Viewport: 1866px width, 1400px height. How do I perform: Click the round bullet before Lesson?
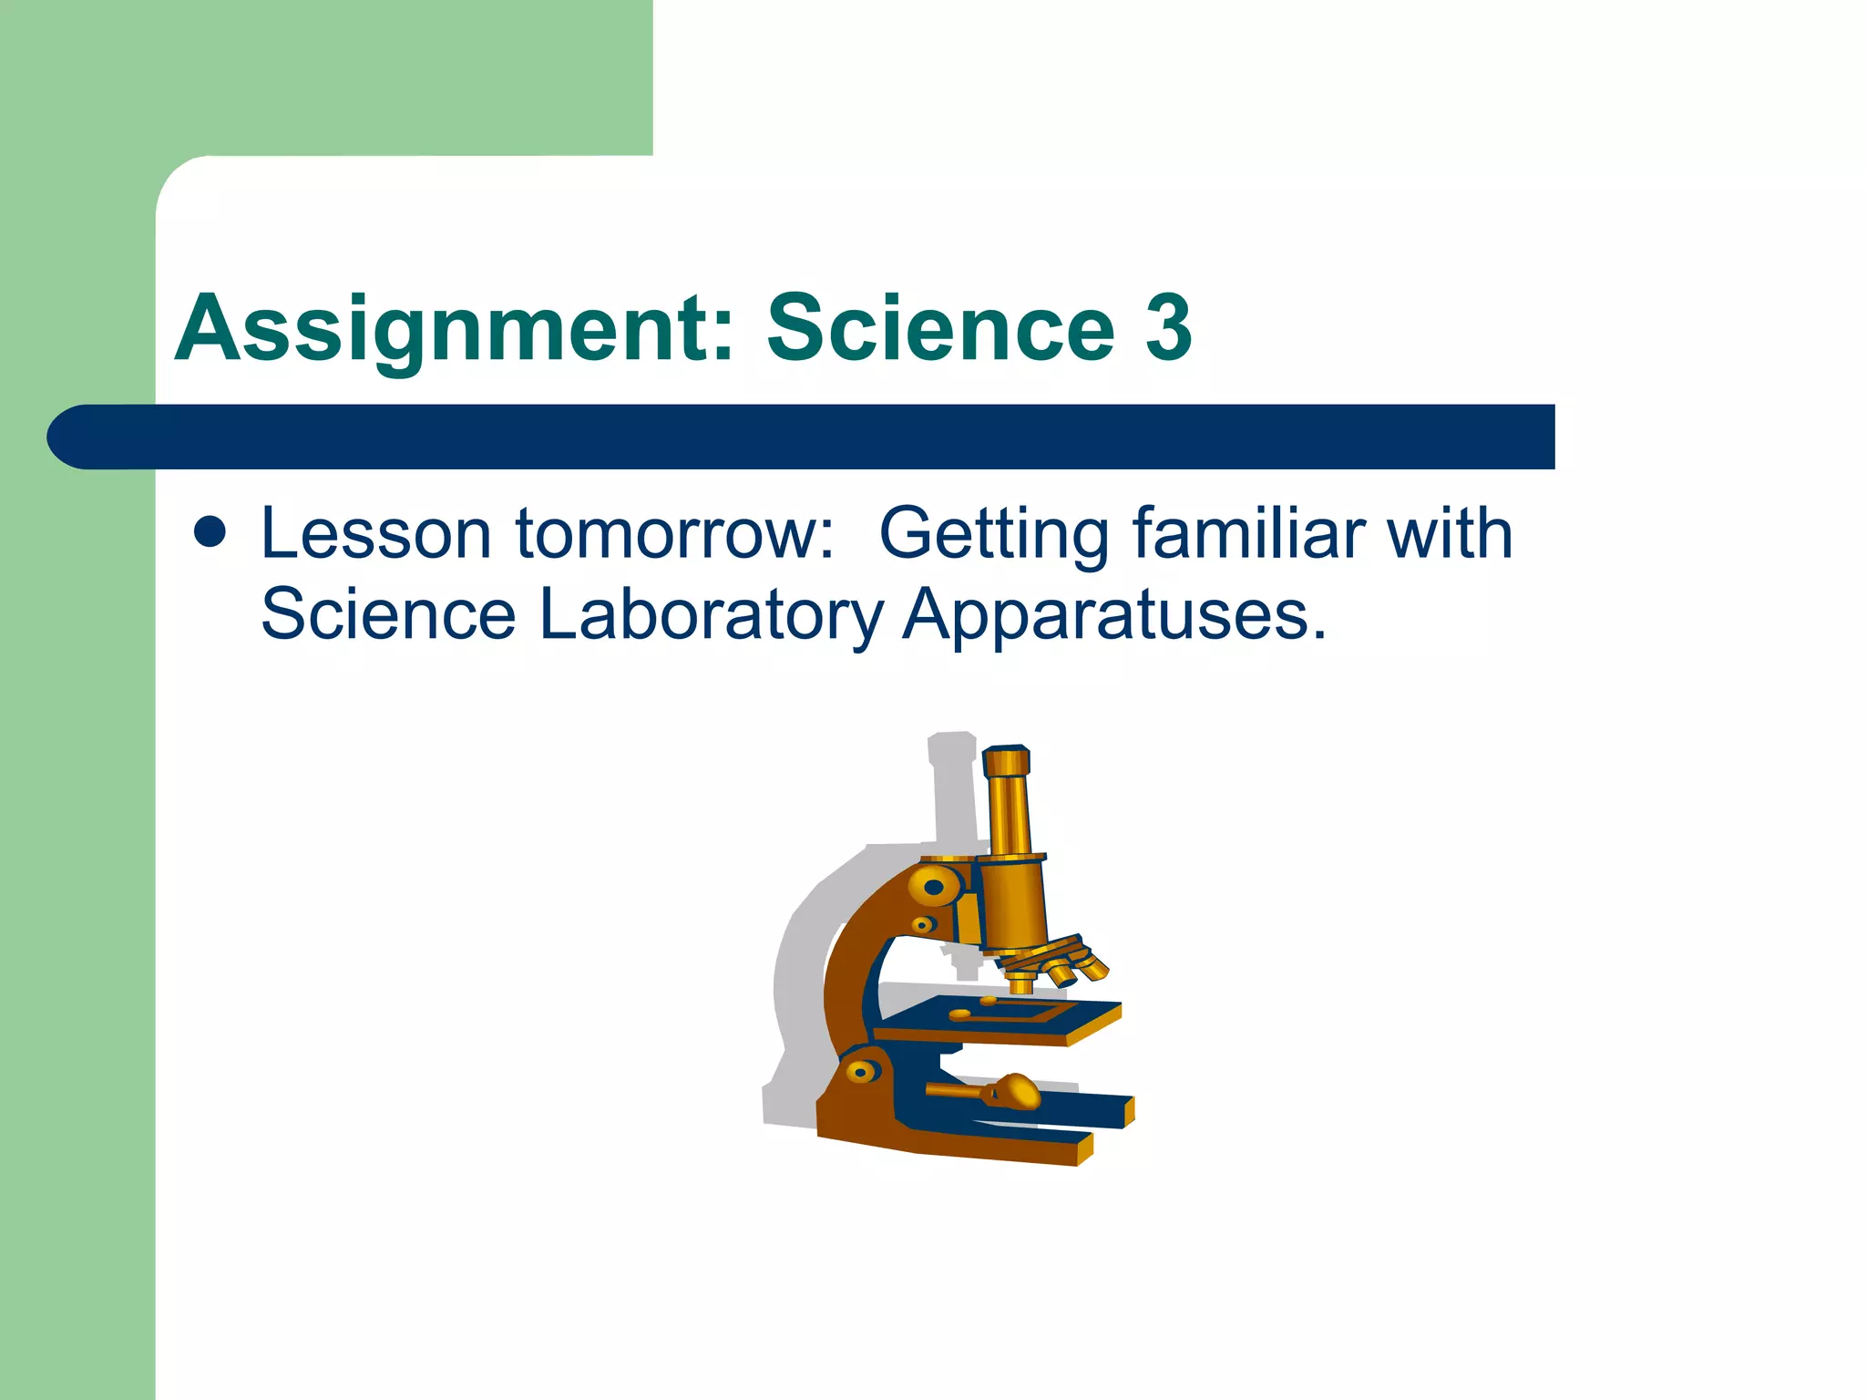pos(210,533)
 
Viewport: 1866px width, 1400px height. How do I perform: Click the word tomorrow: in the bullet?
pos(674,534)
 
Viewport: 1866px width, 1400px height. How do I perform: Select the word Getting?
pos(993,534)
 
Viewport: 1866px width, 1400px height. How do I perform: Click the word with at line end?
pos(1449,534)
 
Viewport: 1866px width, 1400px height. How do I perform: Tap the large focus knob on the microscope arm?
pos(933,886)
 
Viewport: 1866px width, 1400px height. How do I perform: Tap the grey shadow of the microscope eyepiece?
pos(952,784)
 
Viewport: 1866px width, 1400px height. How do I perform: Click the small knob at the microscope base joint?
pos(863,1071)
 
